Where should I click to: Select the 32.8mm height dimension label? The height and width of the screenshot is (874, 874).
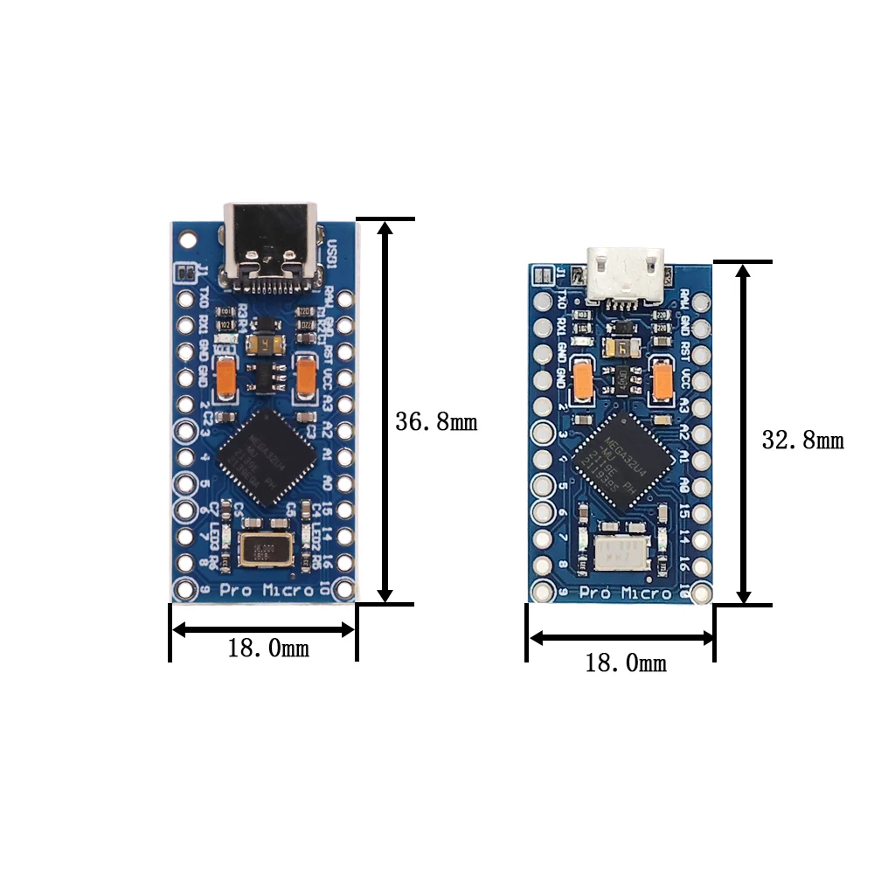point(801,440)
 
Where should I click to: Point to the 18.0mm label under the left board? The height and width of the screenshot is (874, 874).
point(267,649)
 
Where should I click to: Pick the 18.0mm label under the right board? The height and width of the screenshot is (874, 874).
point(625,663)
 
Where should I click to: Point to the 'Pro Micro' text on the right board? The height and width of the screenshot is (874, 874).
point(623,594)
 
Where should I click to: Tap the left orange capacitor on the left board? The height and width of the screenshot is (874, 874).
point(225,377)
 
